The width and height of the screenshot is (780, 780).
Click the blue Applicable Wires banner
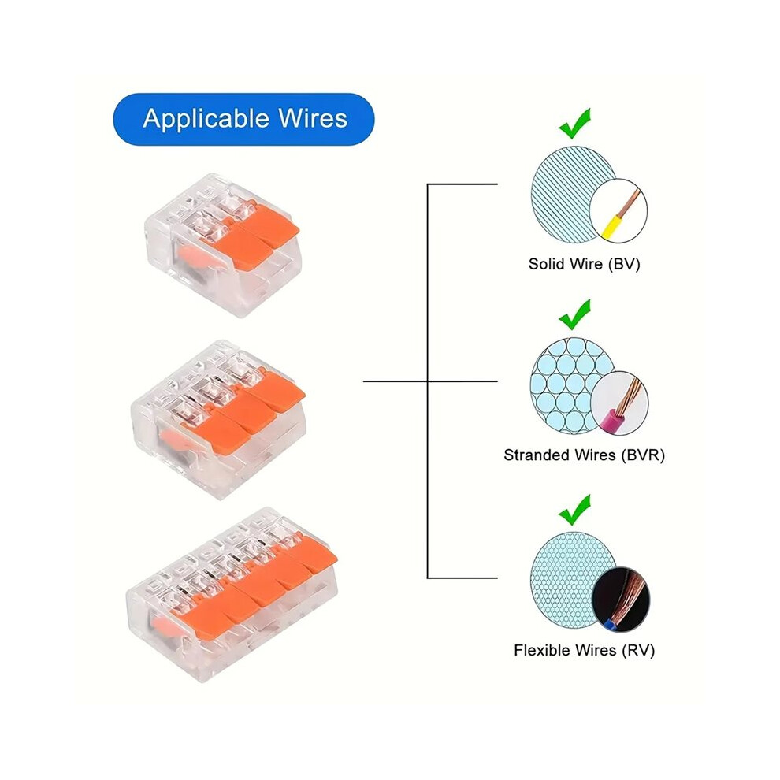coord(243,120)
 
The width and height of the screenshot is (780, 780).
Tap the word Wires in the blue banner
coord(313,118)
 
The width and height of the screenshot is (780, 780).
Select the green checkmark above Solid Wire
coord(574,124)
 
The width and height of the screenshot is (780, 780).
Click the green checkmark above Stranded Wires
coord(574,314)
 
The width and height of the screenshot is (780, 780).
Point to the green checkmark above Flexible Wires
coord(574,510)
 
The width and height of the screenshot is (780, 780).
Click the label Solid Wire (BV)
coord(584,264)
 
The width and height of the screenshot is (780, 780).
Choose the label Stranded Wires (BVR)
coord(584,455)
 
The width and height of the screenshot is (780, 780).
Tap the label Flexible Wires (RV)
coord(584,650)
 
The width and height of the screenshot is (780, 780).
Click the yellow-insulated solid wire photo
coord(618,211)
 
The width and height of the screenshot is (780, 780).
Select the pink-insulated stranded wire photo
coord(620,403)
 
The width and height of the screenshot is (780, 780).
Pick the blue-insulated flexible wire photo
coord(621,599)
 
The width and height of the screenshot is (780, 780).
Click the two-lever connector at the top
coord(222,245)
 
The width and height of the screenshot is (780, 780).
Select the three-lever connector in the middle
coord(218,419)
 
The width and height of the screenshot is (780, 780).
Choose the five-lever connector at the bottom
coord(232,594)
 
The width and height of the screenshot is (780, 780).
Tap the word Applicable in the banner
coord(206,120)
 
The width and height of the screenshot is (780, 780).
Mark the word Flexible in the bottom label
coord(543,650)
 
